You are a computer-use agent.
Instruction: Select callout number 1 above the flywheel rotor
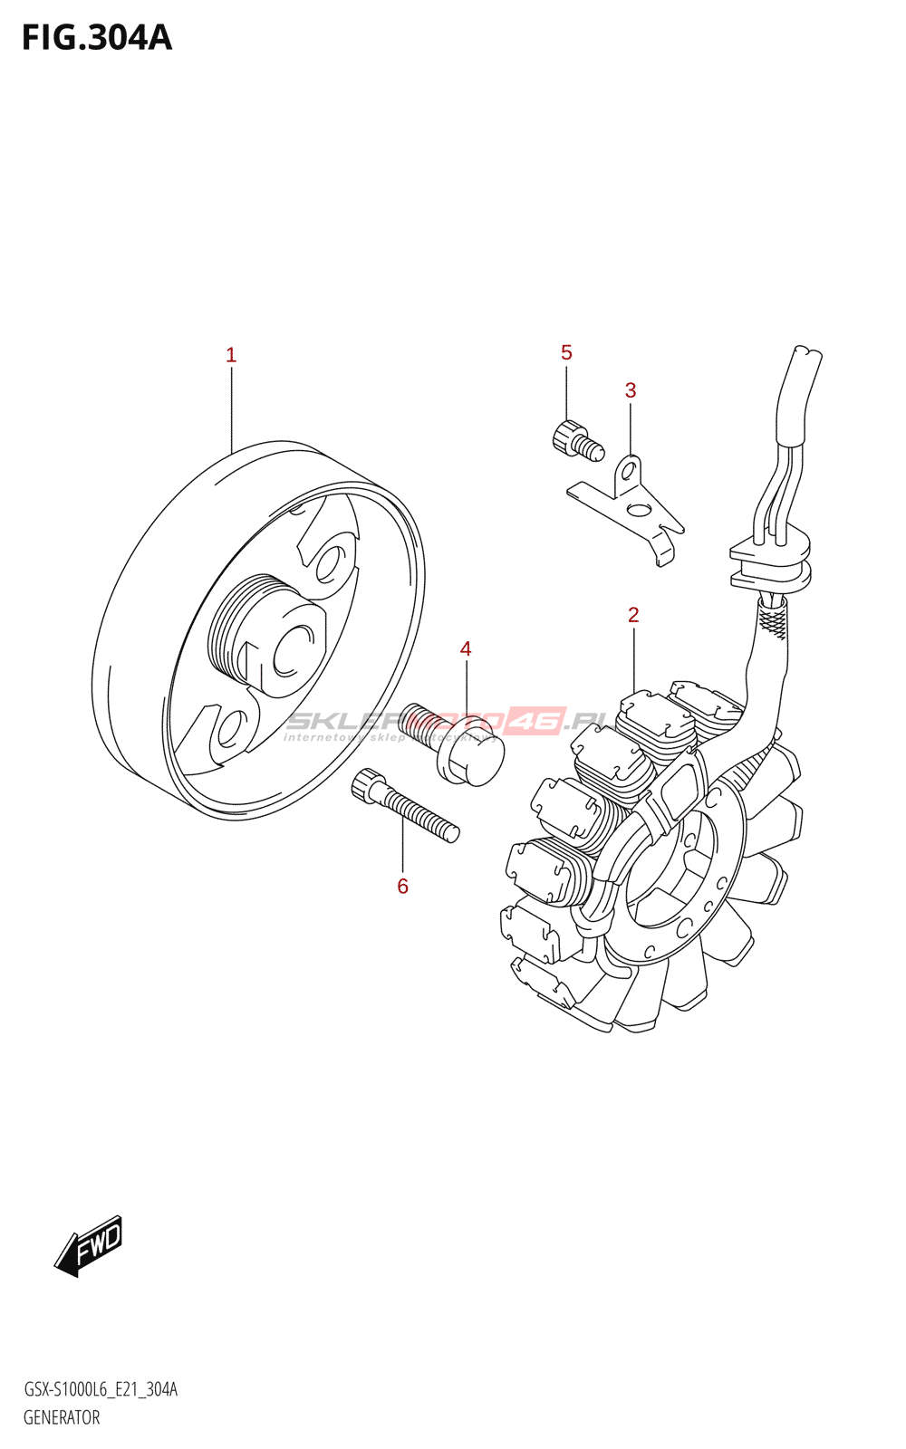[231, 355]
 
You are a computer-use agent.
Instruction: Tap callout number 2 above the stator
[633, 615]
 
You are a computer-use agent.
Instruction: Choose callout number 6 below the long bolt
[402, 887]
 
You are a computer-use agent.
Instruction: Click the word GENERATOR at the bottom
[62, 1417]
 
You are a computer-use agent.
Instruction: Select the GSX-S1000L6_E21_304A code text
[100, 1389]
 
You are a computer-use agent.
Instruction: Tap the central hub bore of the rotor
[292, 650]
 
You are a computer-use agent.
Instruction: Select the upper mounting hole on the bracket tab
[628, 471]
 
